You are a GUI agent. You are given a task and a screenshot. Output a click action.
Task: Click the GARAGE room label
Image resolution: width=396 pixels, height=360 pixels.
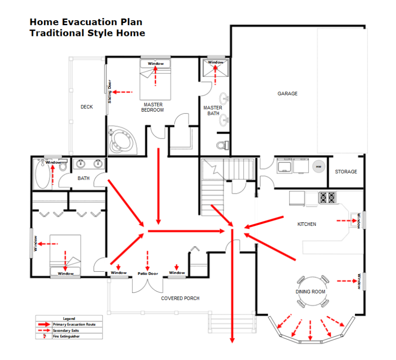(287, 94)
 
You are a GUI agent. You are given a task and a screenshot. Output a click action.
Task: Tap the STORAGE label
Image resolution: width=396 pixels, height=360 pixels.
(346, 171)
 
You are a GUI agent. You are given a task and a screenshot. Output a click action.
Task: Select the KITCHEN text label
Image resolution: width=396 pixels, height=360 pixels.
(307, 224)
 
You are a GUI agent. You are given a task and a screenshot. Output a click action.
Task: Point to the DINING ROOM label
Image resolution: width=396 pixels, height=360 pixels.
(310, 292)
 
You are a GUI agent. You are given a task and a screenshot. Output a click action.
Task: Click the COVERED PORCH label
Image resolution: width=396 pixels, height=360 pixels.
(180, 298)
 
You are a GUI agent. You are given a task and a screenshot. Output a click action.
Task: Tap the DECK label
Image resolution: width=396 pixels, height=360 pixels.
(86, 107)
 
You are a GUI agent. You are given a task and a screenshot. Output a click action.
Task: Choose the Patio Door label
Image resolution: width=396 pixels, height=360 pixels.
(148, 274)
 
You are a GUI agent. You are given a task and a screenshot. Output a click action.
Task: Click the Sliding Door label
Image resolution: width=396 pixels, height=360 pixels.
(109, 91)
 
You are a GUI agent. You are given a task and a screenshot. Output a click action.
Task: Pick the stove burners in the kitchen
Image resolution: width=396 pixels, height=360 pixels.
(328, 198)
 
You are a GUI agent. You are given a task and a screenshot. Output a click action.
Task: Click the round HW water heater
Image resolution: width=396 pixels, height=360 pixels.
(319, 166)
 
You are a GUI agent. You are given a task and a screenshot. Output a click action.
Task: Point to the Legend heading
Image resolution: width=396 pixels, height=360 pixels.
(69, 318)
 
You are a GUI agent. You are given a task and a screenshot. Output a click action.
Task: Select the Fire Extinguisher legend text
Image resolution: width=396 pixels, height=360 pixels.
(66, 336)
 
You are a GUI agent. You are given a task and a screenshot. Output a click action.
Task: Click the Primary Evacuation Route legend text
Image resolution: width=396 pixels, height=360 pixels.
(74, 324)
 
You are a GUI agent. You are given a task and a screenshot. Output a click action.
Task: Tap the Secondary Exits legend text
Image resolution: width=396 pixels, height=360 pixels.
(66, 330)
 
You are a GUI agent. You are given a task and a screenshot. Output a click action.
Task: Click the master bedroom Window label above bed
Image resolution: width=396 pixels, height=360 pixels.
(155, 63)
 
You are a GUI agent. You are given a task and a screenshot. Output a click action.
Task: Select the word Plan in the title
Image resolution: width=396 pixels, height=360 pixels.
(132, 22)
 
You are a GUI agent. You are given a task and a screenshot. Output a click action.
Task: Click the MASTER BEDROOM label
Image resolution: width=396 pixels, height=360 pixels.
(153, 107)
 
